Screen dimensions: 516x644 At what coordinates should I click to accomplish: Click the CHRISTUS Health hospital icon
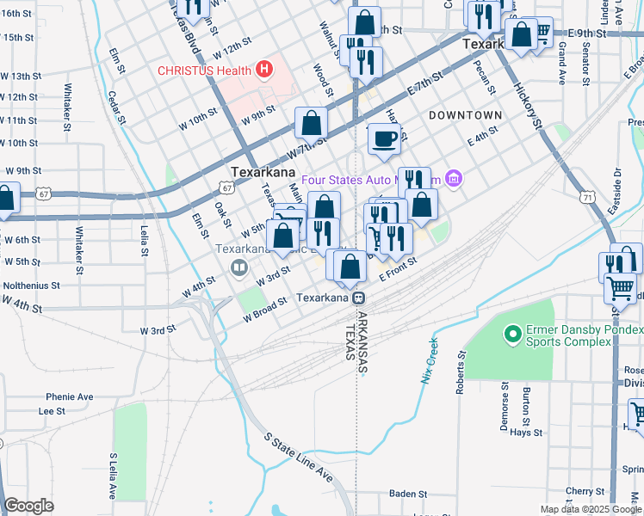(x=264, y=70)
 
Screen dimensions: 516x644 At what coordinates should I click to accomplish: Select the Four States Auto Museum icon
(x=455, y=180)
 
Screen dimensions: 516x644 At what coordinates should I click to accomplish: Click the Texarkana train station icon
(x=356, y=298)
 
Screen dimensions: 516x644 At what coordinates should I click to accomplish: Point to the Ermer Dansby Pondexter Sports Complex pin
(x=513, y=331)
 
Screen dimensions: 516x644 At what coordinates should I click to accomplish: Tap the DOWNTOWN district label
(x=465, y=115)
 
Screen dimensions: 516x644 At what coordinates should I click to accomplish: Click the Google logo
(x=29, y=505)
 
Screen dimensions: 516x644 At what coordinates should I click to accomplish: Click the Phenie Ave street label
(x=70, y=397)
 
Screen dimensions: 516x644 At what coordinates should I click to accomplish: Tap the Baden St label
(x=408, y=494)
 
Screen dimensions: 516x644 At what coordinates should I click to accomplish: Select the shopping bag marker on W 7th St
(x=311, y=123)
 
